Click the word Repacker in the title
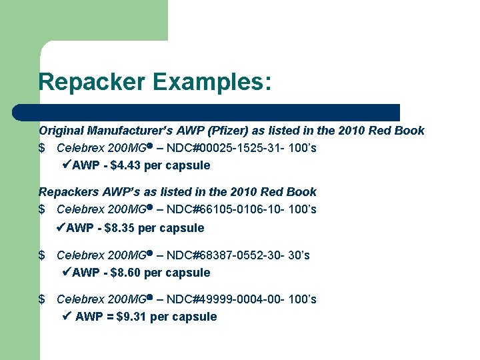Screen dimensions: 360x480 (91, 83)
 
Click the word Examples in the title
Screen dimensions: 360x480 (211, 83)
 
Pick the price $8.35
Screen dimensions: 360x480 (119, 227)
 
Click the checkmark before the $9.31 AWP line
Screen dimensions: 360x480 (66, 316)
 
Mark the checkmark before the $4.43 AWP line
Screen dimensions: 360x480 (66, 165)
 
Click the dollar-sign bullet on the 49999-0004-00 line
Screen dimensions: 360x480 (42, 299)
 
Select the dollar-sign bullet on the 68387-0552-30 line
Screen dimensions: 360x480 (42, 255)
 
